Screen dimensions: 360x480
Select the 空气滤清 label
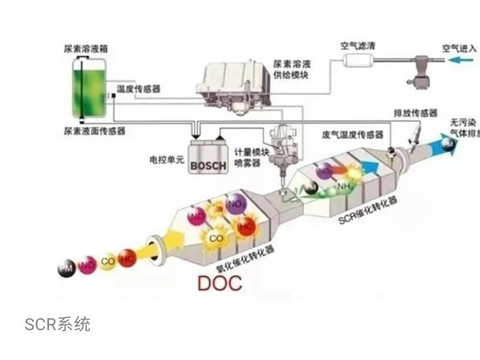point(358,45)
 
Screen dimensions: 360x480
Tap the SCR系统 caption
point(58,324)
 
